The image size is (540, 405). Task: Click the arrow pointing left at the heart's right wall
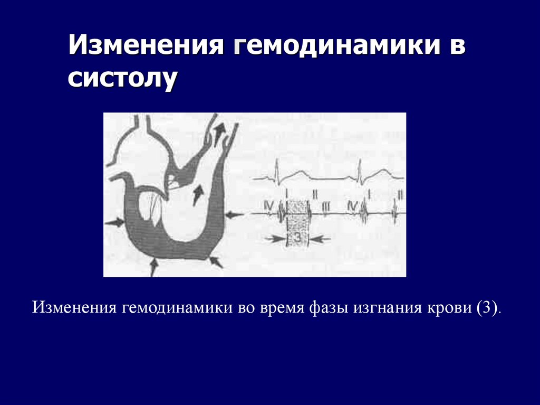[x=234, y=214]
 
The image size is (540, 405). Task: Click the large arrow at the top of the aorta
[x=217, y=127]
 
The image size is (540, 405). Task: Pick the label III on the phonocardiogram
[x=325, y=206]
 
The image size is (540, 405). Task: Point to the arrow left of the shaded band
[x=275, y=239]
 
